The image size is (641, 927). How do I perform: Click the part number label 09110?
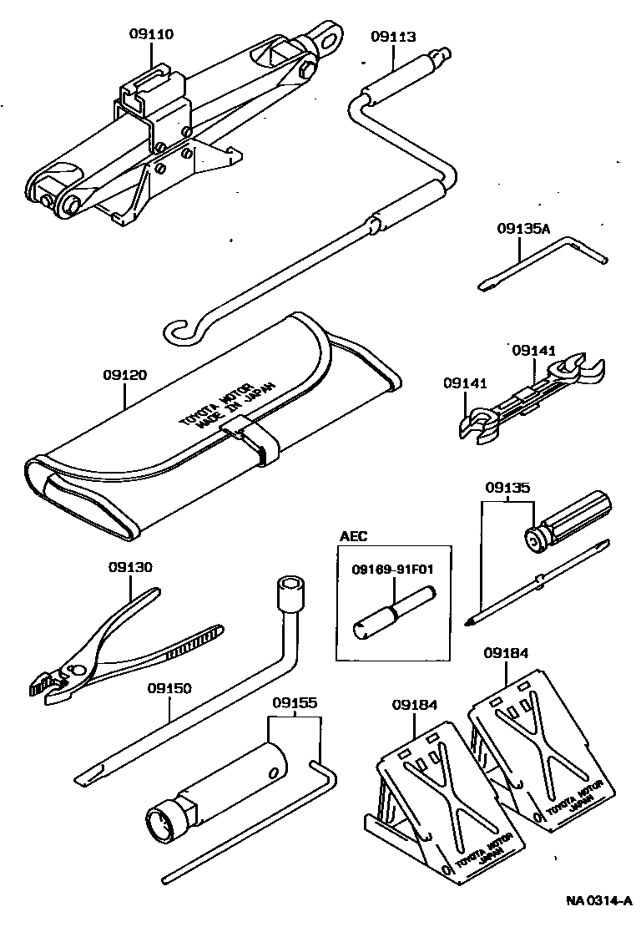(x=151, y=34)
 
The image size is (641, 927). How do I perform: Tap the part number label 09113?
(x=393, y=37)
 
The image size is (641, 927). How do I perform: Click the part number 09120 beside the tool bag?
(x=125, y=375)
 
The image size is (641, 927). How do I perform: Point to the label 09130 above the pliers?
(x=130, y=567)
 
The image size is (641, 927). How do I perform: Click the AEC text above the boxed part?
(x=353, y=536)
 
